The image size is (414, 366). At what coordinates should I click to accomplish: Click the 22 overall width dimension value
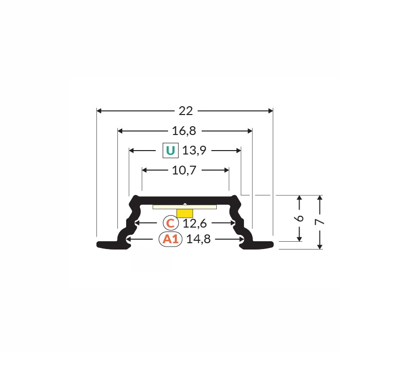click(186, 111)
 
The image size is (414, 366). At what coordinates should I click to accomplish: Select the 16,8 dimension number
click(184, 131)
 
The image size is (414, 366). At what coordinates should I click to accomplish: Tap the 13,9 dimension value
click(194, 151)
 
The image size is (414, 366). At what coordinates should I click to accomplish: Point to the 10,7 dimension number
click(184, 170)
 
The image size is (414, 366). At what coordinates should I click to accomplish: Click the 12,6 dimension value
click(195, 223)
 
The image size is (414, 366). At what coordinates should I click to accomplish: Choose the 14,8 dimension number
click(199, 239)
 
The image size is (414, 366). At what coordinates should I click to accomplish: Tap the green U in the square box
click(170, 151)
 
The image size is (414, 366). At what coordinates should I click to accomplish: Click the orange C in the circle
click(170, 223)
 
